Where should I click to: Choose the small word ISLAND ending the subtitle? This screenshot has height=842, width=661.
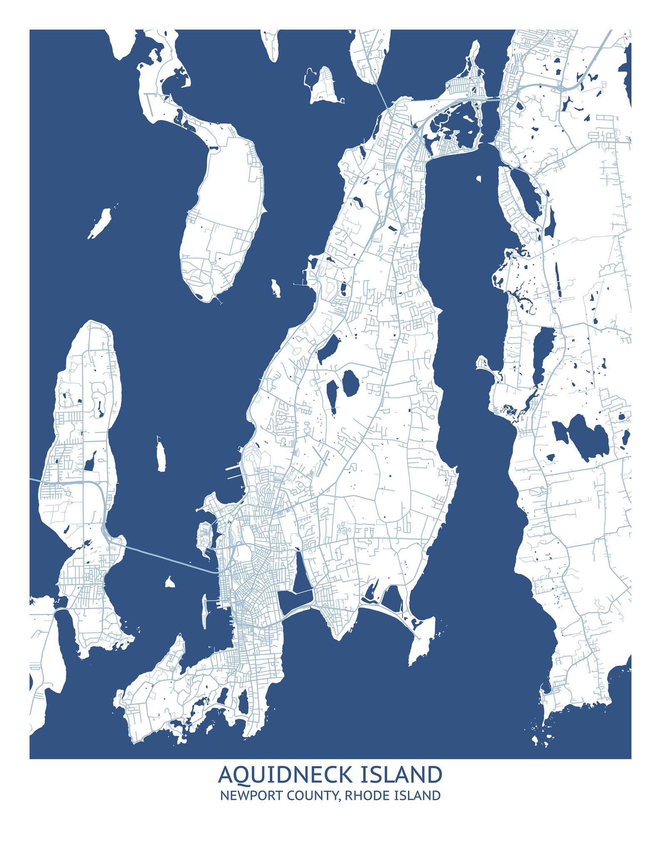417,795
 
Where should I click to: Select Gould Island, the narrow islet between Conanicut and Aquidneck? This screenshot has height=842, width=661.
161,457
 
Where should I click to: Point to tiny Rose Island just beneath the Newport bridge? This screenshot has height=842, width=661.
169,582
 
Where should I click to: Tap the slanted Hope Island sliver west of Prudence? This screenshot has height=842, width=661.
100,223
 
